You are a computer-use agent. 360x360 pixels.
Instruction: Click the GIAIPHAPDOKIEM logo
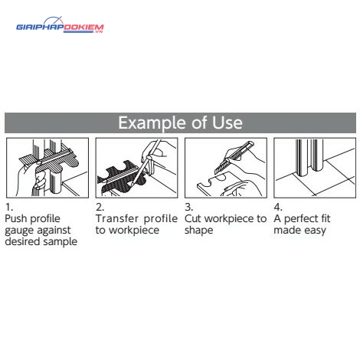60,25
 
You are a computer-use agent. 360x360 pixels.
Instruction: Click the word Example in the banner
152,123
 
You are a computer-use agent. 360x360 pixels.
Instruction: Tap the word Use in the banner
227,123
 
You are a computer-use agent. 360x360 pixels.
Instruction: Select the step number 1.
9,207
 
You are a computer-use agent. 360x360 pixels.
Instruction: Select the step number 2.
100,207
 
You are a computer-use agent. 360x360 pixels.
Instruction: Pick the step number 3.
188,207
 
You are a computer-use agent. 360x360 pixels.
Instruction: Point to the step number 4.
278,207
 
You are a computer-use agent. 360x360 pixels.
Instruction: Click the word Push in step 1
15,218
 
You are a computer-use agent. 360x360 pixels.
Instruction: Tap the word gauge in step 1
20,231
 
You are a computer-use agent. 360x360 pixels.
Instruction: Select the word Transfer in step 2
117,218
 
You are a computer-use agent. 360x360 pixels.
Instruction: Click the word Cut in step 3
193,218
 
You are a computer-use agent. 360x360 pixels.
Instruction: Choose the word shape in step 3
198,231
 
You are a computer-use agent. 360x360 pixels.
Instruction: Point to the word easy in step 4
315,231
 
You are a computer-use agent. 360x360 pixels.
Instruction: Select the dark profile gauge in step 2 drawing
123,177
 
